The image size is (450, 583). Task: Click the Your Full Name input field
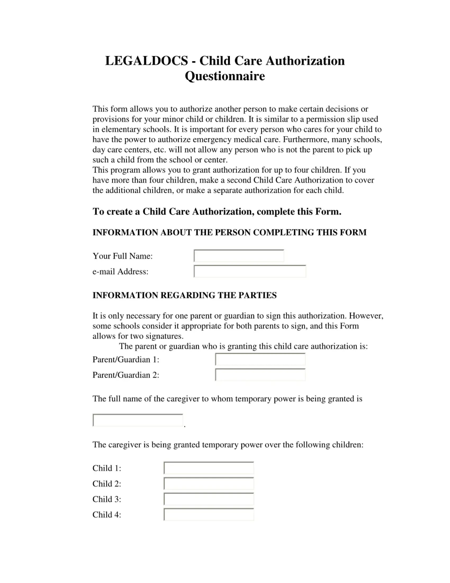point(239,256)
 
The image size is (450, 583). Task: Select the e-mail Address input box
point(250,271)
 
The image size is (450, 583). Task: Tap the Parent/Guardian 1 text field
point(260,359)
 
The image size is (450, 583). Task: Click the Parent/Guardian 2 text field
point(260,375)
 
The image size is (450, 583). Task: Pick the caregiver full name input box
point(138,420)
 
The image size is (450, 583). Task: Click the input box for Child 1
point(209,468)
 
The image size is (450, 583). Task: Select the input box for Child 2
point(209,484)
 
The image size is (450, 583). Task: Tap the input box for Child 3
point(209,499)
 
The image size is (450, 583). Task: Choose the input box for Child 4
point(209,515)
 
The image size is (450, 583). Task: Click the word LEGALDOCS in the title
point(146,61)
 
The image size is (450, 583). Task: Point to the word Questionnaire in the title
point(225,76)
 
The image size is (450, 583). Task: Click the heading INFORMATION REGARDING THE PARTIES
point(184,295)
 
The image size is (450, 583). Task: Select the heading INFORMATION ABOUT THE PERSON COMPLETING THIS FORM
point(229,232)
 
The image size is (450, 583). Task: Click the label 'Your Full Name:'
point(123,256)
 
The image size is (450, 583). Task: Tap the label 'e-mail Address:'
point(120,271)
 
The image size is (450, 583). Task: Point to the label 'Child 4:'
point(107,515)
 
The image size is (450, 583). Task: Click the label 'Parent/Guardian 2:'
point(125,375)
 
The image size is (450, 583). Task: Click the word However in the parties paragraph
point(366,316)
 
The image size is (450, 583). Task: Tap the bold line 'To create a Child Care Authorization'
point(217,211)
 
